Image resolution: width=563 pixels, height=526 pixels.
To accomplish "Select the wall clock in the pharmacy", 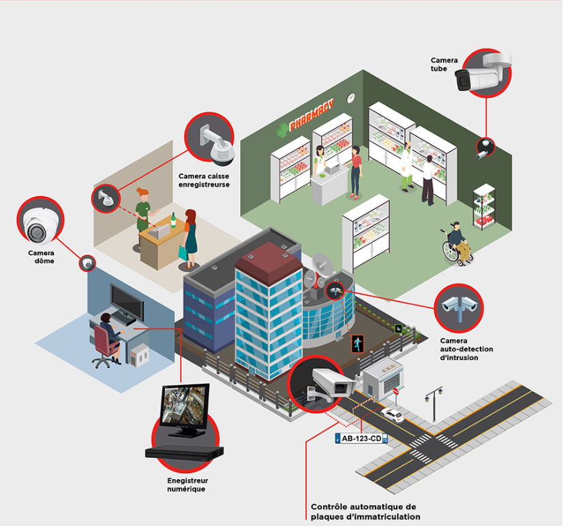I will coord(351,98).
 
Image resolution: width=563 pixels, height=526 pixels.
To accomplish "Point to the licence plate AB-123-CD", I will coord(361,439).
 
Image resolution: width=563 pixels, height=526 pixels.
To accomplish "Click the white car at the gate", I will coord(392,414).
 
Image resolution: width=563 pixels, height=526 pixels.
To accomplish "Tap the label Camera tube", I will coord(444,65).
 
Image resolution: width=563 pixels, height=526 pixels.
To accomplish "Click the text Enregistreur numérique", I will coord(186,484).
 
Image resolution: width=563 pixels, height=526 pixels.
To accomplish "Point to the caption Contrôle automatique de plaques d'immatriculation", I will coord(365,512).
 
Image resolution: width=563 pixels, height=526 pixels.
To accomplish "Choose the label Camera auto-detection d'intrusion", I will coord(466,348).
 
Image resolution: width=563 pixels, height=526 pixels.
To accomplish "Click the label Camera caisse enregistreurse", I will coord(204,180).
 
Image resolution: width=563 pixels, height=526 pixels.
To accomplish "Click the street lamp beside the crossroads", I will coord(434,401).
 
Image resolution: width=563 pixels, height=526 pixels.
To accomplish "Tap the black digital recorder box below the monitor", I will coord(184,452).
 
